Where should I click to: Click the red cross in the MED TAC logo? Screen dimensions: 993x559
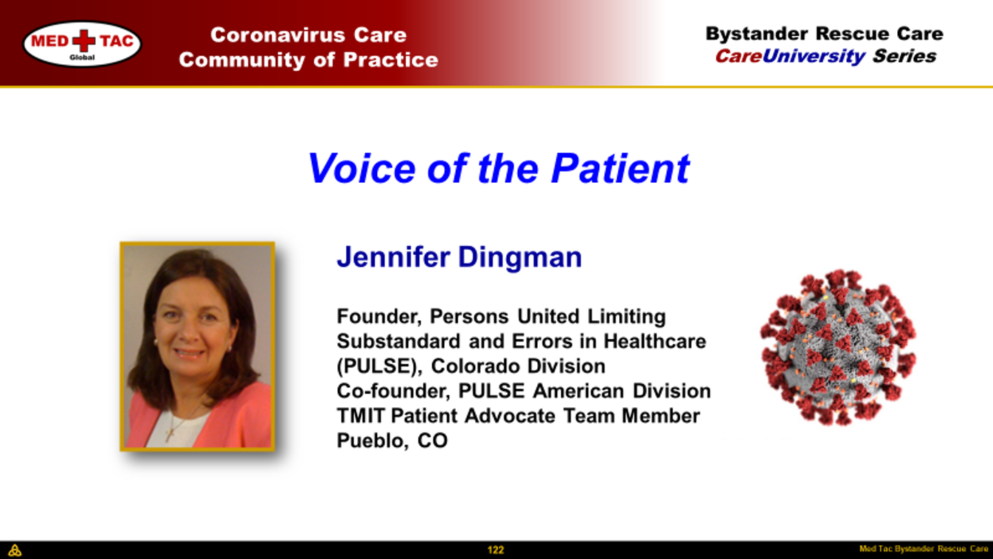[84, 41]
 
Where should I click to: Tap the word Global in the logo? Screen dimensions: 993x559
[82, 57]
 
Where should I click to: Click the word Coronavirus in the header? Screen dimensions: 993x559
[277, 35]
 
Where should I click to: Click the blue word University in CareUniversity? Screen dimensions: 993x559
[814, 57]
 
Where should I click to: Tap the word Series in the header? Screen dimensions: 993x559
[904, 57]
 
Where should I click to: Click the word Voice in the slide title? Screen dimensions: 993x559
[362, 168]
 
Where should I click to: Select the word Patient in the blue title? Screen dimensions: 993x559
[620, 168]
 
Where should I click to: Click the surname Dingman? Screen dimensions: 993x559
[519, 257]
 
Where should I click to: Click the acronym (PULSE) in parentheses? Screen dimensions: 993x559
[380, 366]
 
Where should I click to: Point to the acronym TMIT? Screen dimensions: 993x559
[361, 416]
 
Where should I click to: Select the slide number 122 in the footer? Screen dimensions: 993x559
[496, 550]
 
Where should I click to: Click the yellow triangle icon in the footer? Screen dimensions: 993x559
[14, 550]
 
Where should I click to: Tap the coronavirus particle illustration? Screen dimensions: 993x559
[838, 347]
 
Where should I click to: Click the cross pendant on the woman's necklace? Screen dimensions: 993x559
[170, 434]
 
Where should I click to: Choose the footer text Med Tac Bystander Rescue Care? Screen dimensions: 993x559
[924, 549]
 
